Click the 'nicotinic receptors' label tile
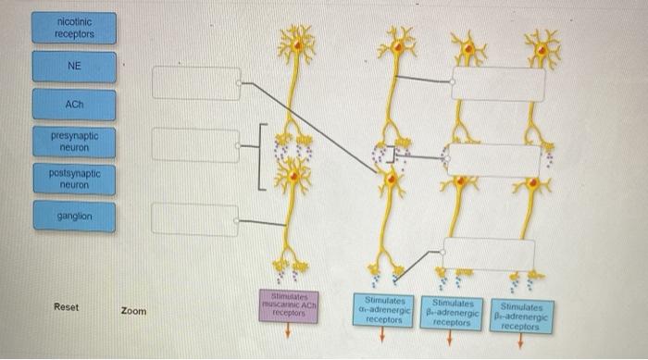(74, 28)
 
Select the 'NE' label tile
(74, 66)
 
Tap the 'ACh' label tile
(74, 105)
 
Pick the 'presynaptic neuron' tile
(74, 141)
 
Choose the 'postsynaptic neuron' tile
(74, 178)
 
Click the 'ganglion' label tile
(74, 216)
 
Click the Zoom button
(133, 311)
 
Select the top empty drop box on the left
(195, 82)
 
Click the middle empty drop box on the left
(195, 144)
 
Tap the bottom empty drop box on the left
(195, 219)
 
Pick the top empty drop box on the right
(497, 82)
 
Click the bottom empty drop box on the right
(489, 254)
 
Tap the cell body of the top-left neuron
(298, 43)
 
